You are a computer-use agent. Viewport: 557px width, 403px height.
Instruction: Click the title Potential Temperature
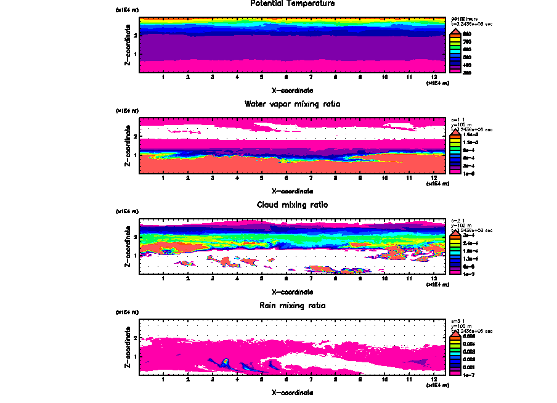pos(292,4)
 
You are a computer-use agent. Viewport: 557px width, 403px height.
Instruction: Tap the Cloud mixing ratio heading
pos(292,205)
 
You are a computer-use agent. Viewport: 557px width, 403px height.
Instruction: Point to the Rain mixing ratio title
pos(292,306)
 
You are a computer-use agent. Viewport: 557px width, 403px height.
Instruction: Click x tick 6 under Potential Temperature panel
pos(286,77)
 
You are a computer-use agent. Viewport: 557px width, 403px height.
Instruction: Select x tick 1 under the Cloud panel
pos(163,279)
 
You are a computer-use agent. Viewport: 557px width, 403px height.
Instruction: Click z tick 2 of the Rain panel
pos(135,338)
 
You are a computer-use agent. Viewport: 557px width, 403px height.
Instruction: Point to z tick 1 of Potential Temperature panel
pos(135,55)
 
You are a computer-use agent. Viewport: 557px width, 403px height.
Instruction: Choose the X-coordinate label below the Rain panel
pos(292,393)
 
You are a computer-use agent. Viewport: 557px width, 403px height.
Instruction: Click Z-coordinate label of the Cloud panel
pos(127,247)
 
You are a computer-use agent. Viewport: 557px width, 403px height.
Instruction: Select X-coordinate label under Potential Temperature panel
pos(292,90)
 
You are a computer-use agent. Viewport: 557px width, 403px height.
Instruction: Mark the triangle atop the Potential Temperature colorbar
pos(457,31)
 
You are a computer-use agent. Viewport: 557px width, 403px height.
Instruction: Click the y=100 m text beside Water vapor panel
pos(461,125)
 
